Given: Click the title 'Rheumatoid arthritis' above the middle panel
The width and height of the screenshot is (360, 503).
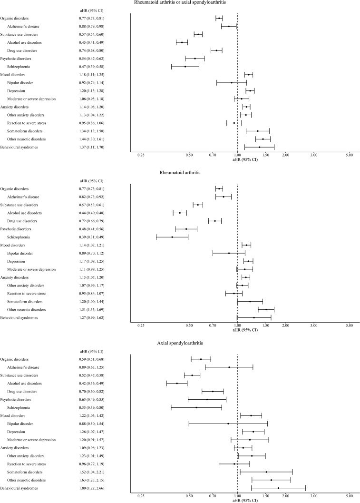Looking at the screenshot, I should [180, 172].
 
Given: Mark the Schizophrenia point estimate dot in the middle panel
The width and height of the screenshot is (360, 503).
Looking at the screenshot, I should [172, 237].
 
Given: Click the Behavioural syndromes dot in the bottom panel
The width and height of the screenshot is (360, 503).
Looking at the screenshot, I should [278, 488].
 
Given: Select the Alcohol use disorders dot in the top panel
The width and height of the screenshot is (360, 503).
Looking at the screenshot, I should [182, 42].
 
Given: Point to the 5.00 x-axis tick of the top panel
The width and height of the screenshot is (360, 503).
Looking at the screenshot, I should [349, 155].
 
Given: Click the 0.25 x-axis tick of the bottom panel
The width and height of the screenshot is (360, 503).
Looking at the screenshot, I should [141, 496].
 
